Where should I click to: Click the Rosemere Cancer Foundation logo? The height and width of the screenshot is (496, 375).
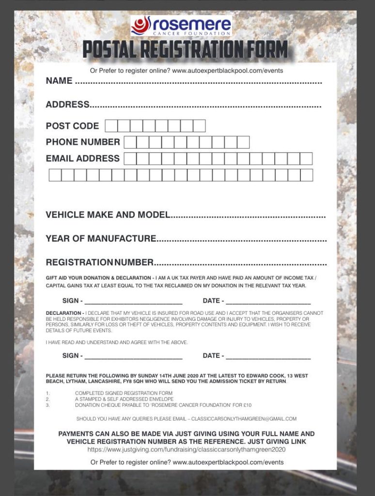181,26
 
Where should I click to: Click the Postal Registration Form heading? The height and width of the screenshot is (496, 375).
185,50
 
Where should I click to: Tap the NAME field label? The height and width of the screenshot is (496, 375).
59,81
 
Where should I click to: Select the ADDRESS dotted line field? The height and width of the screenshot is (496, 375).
205,105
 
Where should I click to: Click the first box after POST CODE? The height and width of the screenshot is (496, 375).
111,126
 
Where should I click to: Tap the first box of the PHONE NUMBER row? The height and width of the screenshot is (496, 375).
130,142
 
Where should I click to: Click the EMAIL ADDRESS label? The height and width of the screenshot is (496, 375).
82,158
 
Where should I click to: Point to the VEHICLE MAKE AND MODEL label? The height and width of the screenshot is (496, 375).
108,215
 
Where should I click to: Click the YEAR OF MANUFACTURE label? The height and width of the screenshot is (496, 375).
101,238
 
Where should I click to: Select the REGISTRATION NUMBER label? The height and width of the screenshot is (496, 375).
99,263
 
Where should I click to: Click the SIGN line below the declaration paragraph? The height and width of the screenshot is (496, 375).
133,356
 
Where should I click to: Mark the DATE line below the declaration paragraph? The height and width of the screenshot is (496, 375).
268,356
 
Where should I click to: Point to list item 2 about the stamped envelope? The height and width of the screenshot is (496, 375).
124,399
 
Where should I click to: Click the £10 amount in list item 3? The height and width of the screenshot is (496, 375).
247,405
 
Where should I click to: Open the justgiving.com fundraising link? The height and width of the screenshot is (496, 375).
187,449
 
